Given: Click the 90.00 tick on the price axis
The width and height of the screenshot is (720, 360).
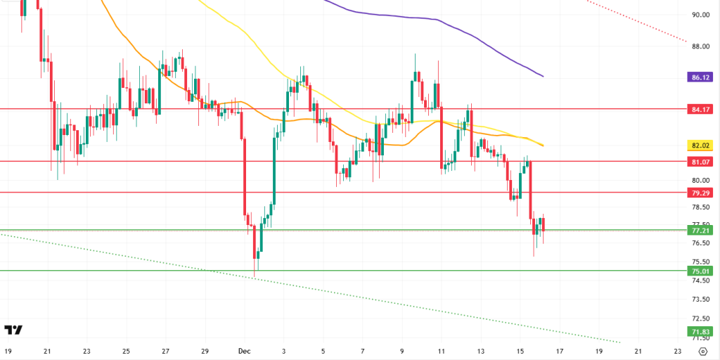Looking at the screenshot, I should (699, 14).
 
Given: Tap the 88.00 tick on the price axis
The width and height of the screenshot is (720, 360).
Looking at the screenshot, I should (699, 46).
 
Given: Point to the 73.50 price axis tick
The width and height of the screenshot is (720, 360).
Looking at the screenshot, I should (699, 299).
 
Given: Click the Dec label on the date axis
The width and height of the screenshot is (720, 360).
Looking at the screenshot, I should (244, 349).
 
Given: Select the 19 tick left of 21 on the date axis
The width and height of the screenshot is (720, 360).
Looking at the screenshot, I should (8, 349).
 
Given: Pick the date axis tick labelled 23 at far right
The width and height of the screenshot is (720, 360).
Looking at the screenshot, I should (677, 349).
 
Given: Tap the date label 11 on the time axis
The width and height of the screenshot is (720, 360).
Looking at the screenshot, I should (441, 349).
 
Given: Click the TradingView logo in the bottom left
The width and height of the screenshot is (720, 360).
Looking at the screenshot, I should (13, 330).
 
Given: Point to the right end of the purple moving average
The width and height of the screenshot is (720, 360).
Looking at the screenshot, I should (543, 76).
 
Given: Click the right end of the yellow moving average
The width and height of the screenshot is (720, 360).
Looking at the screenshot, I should (544, 145).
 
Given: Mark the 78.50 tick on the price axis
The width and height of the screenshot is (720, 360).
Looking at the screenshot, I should (699, 207).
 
